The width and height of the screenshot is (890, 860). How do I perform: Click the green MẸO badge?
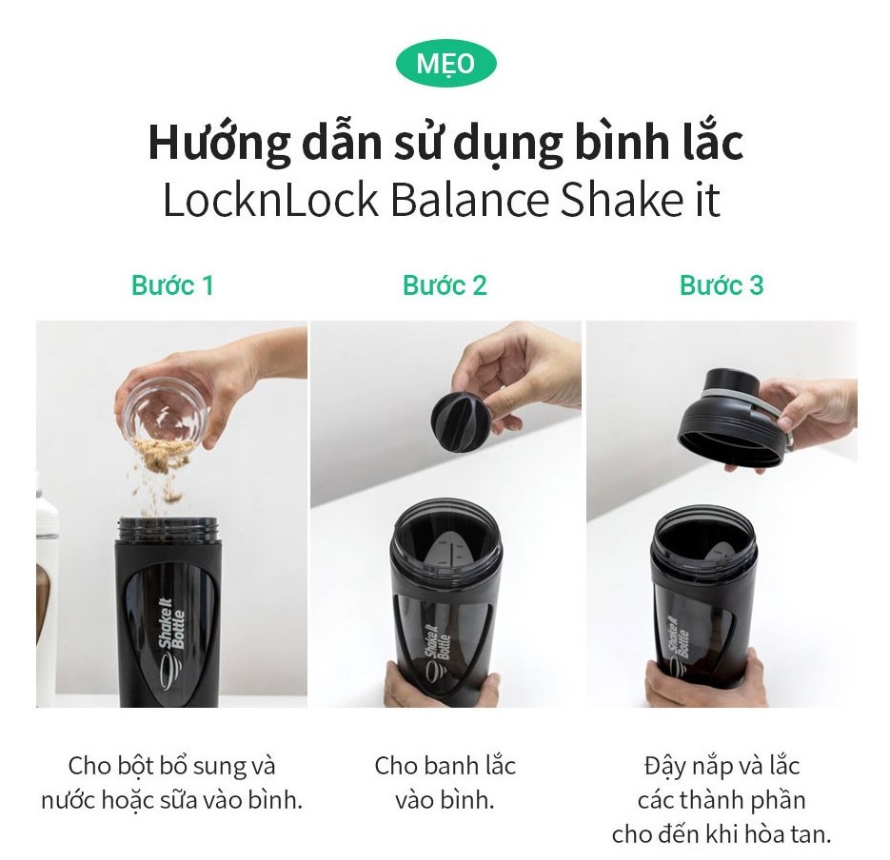click(x=445, y=63)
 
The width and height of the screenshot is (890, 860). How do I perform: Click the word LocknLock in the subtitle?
click(x=270, y=200)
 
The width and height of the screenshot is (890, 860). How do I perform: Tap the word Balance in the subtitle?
click(x=470, y=200)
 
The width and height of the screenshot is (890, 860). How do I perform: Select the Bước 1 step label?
click(x=172, y=284)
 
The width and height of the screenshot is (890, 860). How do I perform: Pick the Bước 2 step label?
click(x=445, y=284)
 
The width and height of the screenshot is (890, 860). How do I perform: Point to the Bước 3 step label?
click(x=722, y=284)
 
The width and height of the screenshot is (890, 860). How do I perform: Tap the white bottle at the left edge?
click(x=47, y=590)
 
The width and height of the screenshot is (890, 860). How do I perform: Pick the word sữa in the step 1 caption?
click(x=189, y=800)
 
